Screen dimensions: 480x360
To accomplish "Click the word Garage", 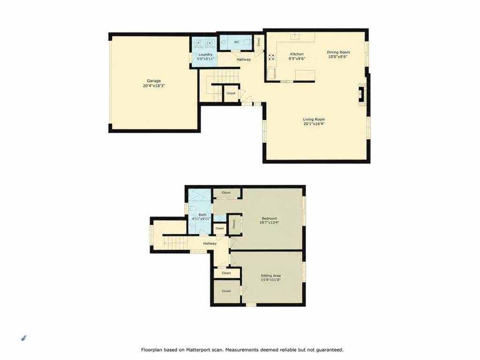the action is pos(154,81).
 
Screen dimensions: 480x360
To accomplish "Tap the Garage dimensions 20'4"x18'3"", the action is pos(154,86).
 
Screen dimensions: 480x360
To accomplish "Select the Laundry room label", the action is pos(205,54).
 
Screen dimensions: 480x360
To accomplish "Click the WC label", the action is pos(236,42).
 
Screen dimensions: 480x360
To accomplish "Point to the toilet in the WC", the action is pos(247,42).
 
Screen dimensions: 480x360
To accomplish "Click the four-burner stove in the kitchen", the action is pos(271,57).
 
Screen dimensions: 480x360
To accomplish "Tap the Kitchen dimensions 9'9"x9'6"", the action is pos(297,59).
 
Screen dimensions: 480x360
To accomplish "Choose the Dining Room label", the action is pos(338,52).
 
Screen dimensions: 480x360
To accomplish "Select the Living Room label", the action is pos(314,120).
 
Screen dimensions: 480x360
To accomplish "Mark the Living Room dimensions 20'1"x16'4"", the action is pos(314,124).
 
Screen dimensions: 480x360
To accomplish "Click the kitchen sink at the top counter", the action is pos(295,37).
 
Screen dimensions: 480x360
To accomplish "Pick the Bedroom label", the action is pos(270,218).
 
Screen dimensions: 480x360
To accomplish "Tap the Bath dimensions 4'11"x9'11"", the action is pos(201,219).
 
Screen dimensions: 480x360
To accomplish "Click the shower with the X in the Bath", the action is pos(200,197).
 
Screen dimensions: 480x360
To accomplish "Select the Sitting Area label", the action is pos(270,276).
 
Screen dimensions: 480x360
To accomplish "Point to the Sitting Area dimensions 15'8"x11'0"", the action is pos(270,280).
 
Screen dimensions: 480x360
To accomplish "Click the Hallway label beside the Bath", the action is pos(210,243).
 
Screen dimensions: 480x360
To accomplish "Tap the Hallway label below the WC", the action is pos(244,60).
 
